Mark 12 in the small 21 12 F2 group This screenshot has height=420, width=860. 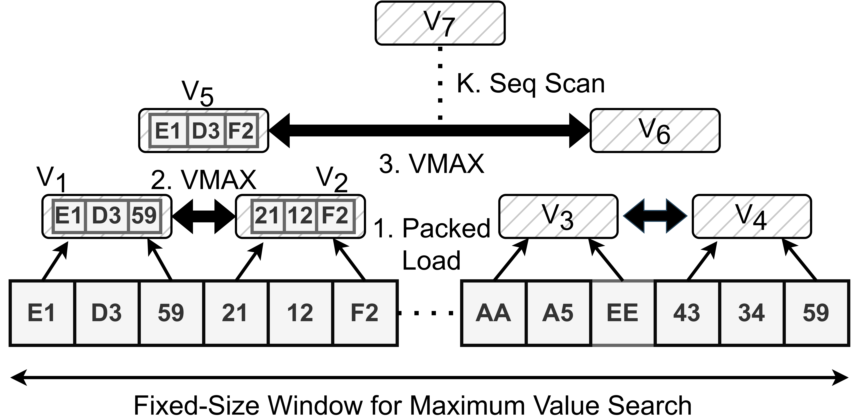(x=300, y=216)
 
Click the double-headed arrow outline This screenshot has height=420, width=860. (x=655, y=216)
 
